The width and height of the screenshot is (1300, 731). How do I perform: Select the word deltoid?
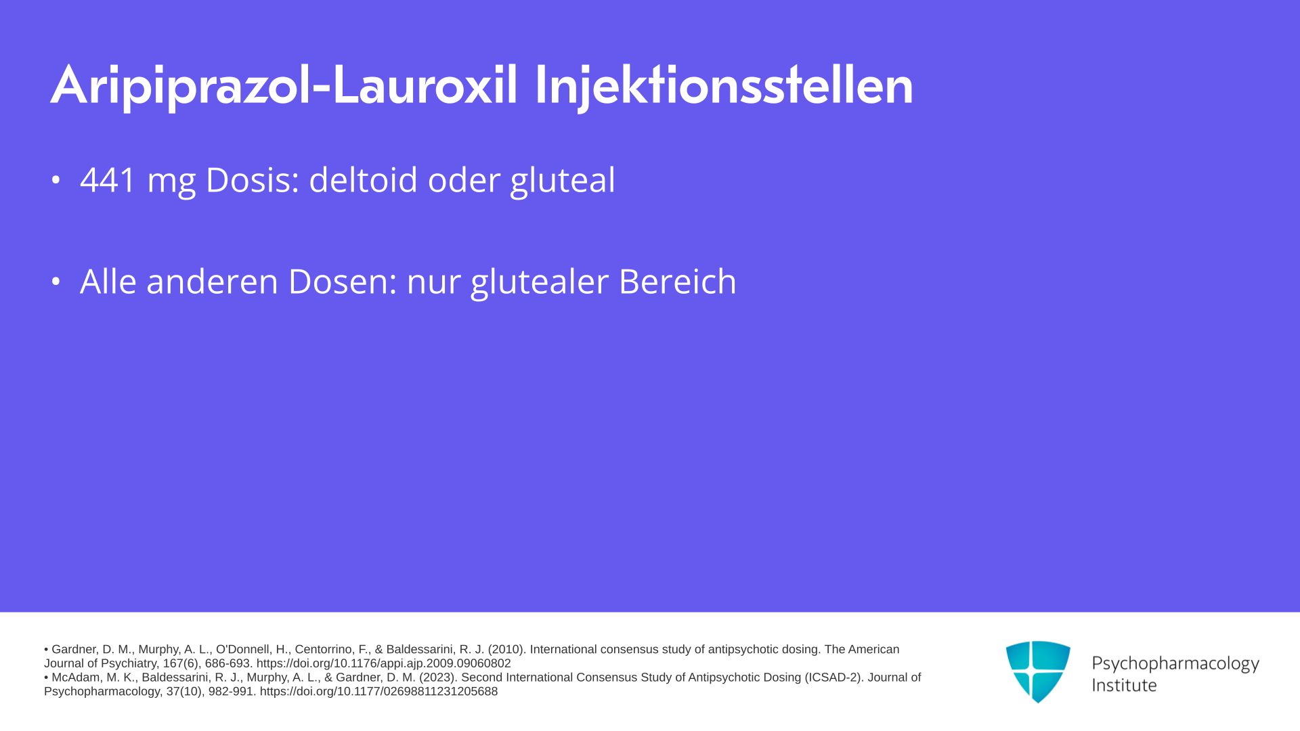[x=363, y=179]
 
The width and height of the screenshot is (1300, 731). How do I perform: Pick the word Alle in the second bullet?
[x=108, y=281]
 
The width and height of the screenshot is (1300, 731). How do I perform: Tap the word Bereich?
[x=677, y=281]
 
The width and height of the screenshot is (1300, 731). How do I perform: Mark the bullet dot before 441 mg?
[x=56, y=180]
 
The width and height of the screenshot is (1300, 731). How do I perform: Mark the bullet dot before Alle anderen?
[x=56, y=281]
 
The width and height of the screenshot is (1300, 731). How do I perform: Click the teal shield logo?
[x=1038, y=671]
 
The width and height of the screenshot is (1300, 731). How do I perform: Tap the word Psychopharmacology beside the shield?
[x=1175, y=664]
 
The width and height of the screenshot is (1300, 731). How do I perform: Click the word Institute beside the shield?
[x=1124, y=685]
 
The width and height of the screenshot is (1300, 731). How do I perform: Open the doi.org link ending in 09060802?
[x=383, y=664]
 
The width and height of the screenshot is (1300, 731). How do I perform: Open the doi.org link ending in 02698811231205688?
[x=378, y=692]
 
